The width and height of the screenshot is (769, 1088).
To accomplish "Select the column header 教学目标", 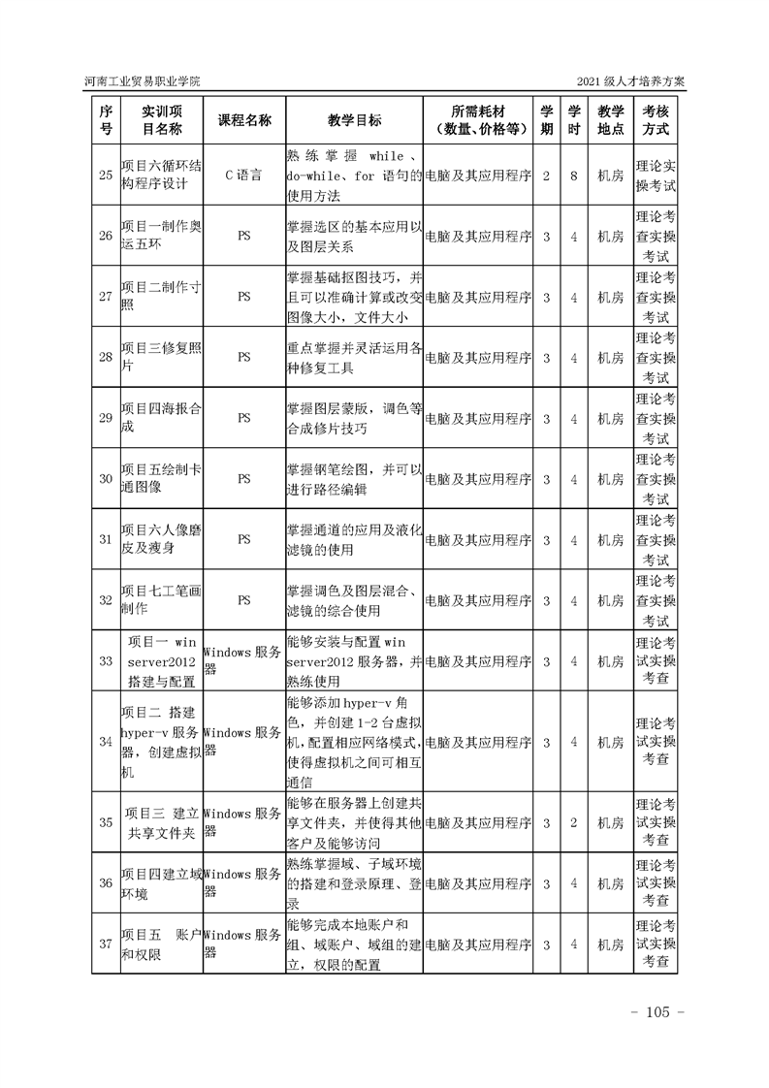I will click(354, 120).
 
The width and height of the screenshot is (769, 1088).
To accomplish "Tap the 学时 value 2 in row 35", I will click(574, 822).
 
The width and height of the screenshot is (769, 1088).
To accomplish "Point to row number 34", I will click(106, 742).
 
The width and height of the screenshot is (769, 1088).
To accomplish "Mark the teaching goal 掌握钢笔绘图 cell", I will click(354, 479).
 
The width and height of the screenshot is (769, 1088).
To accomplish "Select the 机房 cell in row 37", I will click(610, 944).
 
